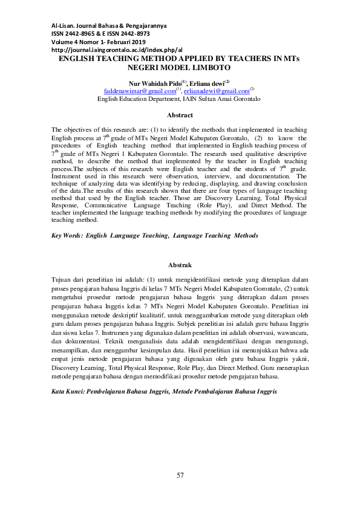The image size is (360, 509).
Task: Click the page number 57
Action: (180, 476)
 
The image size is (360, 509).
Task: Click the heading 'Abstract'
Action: (180, 115)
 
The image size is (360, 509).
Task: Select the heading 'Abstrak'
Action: (180, 265)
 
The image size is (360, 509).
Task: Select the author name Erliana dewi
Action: (206, 82)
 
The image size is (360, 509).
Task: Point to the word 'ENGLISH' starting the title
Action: (79, 59)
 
